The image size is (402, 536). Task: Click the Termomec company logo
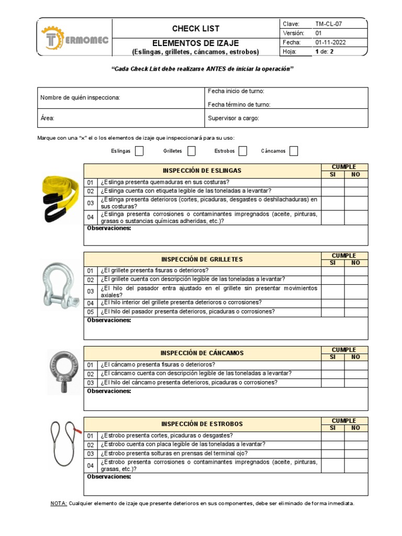(74, 38)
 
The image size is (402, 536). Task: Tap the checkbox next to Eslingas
(139, 151)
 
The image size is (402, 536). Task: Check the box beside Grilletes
(192, 151)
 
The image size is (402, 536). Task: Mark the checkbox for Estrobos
(243, 151)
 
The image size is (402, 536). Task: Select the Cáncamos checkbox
(294, 151)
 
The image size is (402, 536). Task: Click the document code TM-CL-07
(329, 24)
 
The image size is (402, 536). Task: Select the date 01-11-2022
(330, 42)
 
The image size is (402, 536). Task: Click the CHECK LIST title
(196, 28)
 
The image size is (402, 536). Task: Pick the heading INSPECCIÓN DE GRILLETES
(203, 259)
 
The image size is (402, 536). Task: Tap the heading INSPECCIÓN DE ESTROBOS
(202, 424)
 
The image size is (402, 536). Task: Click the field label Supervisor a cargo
(233, 118)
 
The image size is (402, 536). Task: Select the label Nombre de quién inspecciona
(80, 97)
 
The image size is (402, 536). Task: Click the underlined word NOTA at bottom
(58, 503)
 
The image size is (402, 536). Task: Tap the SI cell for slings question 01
(333, 182)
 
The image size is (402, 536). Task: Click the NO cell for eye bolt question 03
(356, 383)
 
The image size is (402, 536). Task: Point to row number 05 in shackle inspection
(90, 312)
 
